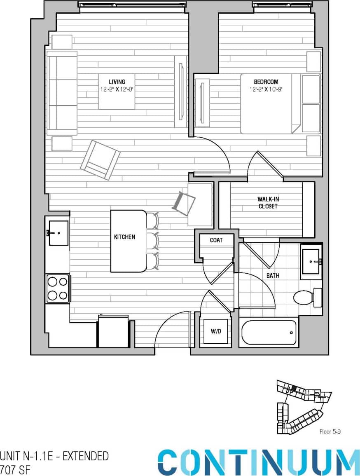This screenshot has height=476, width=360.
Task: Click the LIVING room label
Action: pos(117,82)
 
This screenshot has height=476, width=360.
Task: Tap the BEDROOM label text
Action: pos(266,82)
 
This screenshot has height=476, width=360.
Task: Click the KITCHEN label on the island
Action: pos(124,237)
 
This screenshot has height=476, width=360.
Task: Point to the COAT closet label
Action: pos(216,240)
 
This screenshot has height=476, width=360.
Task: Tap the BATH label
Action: pos(273,275)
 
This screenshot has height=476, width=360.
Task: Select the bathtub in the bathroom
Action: pos(269,332)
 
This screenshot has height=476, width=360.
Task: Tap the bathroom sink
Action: pos(311,261)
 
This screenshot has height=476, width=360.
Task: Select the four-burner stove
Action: pos(57,288)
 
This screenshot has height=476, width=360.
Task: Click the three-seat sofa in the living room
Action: pos(62,93)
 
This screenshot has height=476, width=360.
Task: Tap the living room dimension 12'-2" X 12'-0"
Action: pos(117,89)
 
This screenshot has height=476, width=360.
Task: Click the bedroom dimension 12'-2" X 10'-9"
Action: pos(266,89)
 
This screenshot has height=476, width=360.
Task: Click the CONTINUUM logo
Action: pos(253,462)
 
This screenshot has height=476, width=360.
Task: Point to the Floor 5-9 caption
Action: pos(330,432)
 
